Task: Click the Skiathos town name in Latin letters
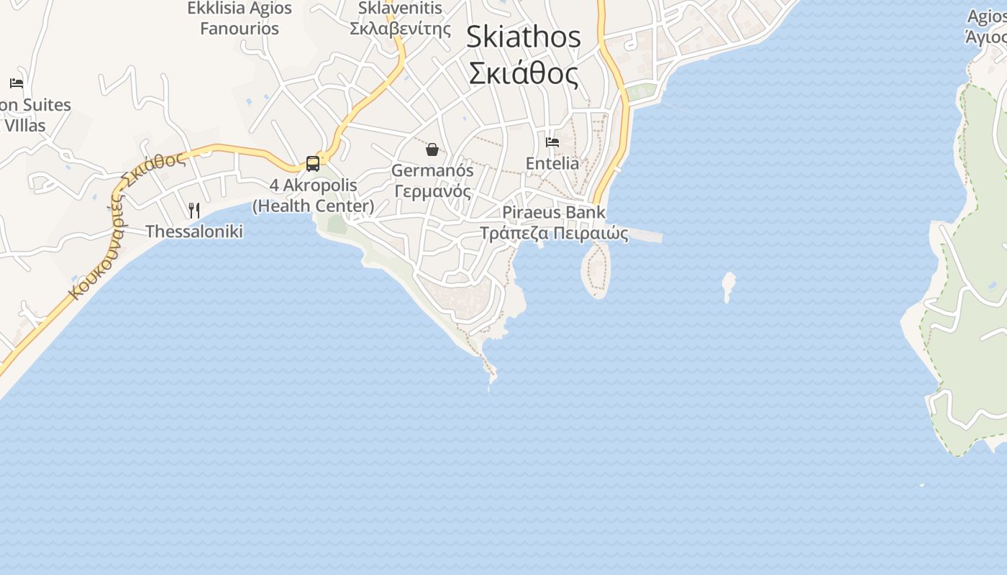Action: (523, 37)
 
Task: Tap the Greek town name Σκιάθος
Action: (523, 73)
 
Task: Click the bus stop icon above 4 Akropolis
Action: (313, 163)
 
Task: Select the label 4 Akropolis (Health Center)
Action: (313, 195)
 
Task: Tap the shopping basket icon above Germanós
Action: (432, 149)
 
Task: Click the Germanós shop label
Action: (432, 171)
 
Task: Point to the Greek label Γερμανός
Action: (432, 192)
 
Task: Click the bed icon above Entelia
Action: (552, 142)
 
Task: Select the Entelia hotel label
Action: (552, 163)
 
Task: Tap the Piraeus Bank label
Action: (554, 213)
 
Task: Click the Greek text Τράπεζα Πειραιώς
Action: (554, 234)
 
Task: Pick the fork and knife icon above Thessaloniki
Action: (194, 210)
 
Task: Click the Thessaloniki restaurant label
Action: (194, 231)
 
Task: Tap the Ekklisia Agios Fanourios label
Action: (240, 19)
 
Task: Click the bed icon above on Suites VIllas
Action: (17, 83)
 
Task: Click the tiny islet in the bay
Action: (728, 285)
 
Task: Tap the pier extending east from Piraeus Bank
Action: (644, 236)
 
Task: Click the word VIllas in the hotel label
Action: (25, 126)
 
